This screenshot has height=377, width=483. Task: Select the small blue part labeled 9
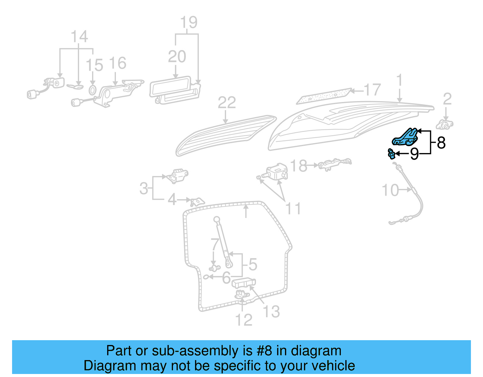391,154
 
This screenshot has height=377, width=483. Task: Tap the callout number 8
441,143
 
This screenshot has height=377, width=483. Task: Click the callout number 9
414,154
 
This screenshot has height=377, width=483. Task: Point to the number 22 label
227,103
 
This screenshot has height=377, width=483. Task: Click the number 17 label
372,90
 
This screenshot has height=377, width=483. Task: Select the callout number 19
189,22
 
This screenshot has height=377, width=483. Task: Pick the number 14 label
79,37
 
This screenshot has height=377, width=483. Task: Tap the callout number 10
390,190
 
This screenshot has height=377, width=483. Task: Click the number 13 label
271,312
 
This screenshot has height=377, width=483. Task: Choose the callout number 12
244,320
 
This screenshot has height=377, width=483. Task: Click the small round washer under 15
92,90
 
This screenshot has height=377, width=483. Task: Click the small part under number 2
445,125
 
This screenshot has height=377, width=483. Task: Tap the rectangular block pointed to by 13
243,283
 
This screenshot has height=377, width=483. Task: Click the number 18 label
299,166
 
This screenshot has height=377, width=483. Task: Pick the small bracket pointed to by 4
197,201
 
